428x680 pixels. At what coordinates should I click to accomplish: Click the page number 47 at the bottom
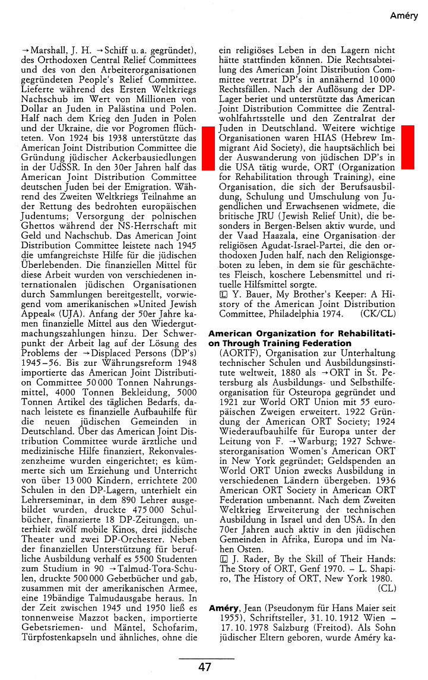(205, 667)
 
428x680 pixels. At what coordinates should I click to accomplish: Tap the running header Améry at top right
(404, 16)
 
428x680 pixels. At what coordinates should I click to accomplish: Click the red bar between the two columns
(208, 148)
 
